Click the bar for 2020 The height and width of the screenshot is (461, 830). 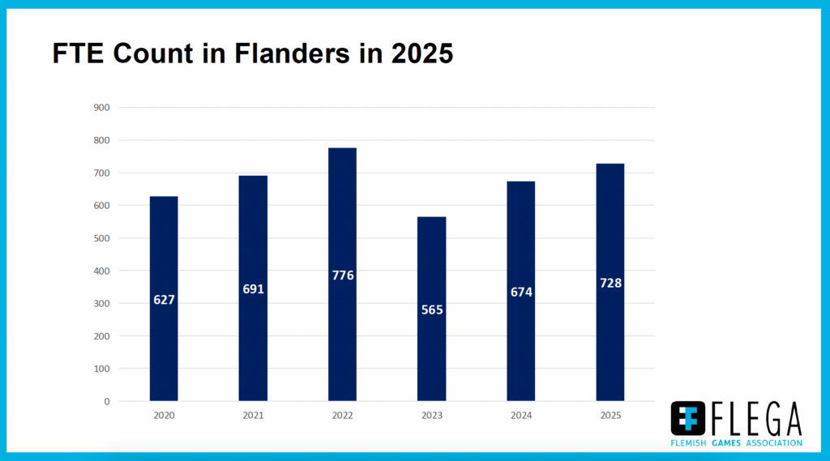click(x=164, y=298)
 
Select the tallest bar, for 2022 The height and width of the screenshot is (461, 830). click(x=343, y=274)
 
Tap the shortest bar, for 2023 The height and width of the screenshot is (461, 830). click(x=431, y=309)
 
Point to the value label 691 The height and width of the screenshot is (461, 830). click(x=253, y=289)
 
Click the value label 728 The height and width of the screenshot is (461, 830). click(x=610, y=284)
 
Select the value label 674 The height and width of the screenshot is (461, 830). click(x=521, y=292)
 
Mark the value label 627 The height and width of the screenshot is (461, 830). click(x=164, y=300)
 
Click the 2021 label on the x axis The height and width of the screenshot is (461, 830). click(x=253, y=416)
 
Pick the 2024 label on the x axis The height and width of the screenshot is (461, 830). click(x=521, y=416)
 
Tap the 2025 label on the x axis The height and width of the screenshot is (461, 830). click(x=610, y=416)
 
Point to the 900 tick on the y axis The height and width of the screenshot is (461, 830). click(x=101, y=108)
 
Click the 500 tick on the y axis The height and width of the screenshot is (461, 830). click(x=101, y=238)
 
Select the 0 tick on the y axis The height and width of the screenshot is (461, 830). click(x=107, y=402)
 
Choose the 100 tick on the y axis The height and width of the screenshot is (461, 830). click(x=101, y=369)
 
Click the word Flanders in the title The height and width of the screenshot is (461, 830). click(x=292, y=53)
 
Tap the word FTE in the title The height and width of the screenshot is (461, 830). click(x=78, y=53)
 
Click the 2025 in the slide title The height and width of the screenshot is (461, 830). click(x=421, y=53)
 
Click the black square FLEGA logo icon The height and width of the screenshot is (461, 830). click(x=687, y=418)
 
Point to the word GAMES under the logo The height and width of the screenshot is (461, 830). click(x=726, y=443)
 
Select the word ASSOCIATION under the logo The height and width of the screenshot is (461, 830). click(x=774, y=443)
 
